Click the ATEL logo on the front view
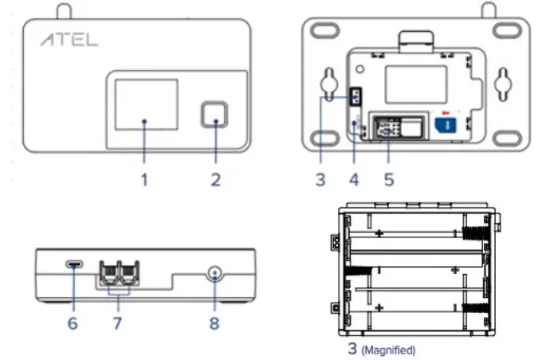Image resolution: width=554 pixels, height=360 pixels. point(70,40)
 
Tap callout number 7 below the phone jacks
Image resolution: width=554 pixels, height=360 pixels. point(119,324)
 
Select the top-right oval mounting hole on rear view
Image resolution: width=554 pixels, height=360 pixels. point(506,30)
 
